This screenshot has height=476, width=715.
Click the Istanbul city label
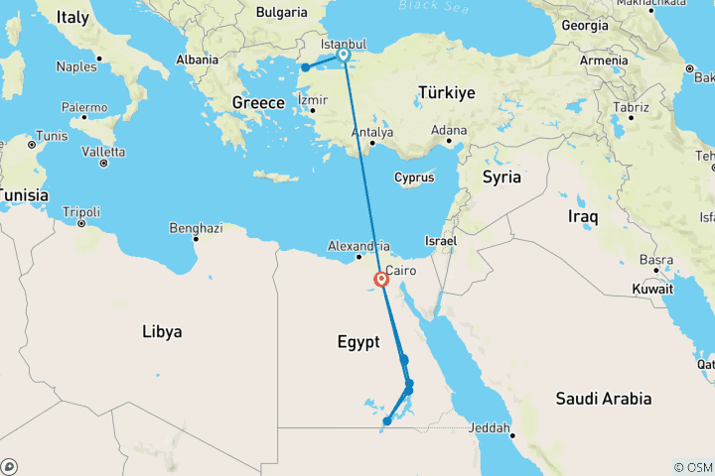click(344, 45)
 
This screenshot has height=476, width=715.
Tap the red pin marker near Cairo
click(381, 279)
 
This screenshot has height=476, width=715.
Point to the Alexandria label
click(359, 246)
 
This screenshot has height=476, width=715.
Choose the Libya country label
click(161, 331)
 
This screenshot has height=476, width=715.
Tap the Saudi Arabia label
click(603, 399)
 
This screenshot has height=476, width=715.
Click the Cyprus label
click(414, 178)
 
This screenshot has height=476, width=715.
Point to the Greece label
click(258, 102)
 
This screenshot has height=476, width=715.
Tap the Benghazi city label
click(196, 228)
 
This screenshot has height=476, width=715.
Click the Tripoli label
click(81, 211)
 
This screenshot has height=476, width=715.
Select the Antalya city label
click(373, 132)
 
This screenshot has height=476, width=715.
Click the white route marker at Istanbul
click(344, 56)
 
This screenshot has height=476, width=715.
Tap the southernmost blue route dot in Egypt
click(386, 422)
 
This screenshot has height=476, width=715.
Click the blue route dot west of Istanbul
click(306, 67)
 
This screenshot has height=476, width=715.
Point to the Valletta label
click(103, 152)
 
